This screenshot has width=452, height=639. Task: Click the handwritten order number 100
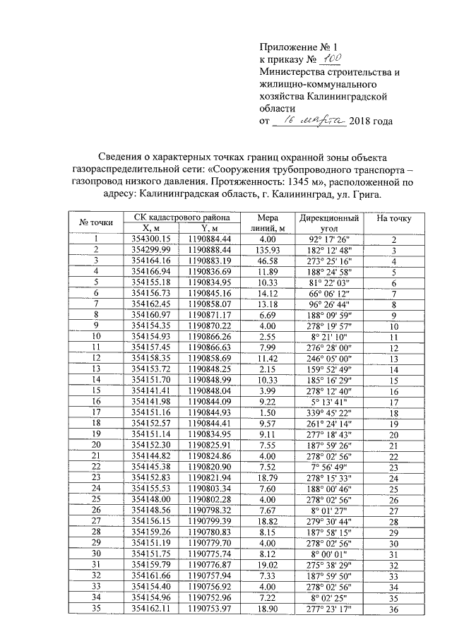pyautogui.click(x=331, y=59)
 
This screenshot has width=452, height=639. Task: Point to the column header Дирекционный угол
pyautogui.click(x=329, y=222)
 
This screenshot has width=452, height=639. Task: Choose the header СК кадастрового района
pyautogui.click(x=181, y=217)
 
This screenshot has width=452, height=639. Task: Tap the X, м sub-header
pyautogui.click(x=153, y=228)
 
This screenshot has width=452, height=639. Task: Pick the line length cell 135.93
pyautogui.click(x=268, y=250)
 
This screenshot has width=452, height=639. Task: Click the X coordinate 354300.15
pyautogui.click(x=153, y=239)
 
